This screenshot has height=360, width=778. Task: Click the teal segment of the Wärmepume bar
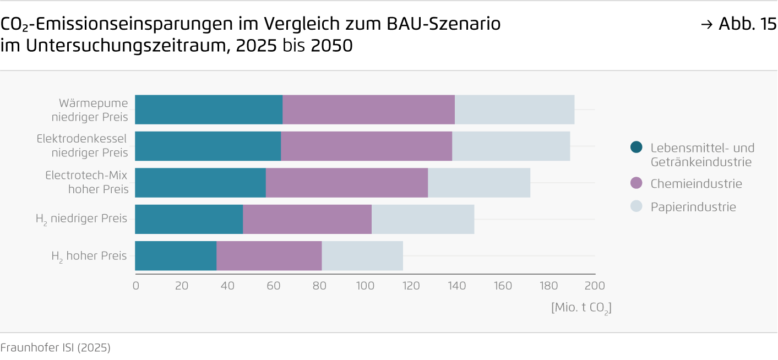click(209, 110)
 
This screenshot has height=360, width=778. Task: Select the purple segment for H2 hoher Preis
click(269, 256)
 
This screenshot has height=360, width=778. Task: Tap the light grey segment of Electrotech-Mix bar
click(479, 183)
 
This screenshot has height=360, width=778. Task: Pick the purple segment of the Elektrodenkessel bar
click(366, 146)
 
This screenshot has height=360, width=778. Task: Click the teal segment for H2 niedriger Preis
click(189, 219)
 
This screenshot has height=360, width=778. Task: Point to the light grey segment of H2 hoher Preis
click(362, 256)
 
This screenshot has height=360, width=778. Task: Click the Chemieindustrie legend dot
click(636, 183)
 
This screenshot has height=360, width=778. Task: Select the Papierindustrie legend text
click(693, 207)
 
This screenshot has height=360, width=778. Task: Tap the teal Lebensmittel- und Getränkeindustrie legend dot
click(636, 148)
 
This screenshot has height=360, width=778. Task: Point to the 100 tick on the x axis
click(365, 286)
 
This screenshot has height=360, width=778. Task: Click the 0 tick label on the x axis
click(136, 286)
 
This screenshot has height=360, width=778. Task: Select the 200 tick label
click(595, 286)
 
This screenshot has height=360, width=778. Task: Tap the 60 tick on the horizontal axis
click(273, 286)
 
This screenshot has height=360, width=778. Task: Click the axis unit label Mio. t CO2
click(581, 308)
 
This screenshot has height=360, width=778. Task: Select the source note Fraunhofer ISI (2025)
click(55, 348)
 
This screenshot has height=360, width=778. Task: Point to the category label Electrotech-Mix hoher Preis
click(87, 182)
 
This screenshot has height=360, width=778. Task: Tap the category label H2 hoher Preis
click(89, 256)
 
